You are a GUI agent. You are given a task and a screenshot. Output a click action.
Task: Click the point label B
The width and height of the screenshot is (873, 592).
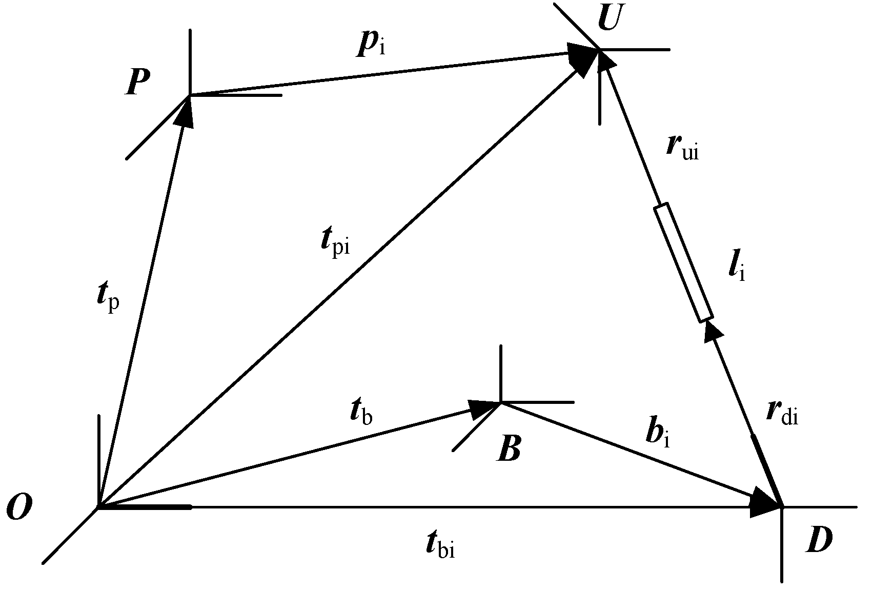pos(509,450)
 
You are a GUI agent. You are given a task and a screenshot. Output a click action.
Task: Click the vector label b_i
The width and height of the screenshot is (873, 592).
pos(658,436)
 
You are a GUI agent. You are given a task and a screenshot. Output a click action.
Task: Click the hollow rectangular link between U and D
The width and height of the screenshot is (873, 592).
pos(683,263)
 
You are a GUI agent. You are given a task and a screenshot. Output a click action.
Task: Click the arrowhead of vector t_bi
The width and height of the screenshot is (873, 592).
pos(764,506)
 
